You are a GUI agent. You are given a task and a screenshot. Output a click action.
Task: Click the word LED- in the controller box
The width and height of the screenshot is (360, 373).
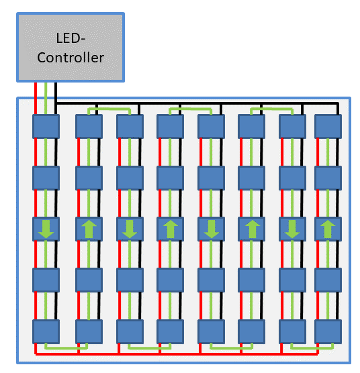pos(71,38)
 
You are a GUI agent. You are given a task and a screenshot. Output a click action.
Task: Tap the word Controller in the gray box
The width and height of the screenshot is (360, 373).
pos(71,58)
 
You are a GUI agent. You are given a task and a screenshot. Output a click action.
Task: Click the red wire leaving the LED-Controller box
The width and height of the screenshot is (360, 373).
pos(36,98)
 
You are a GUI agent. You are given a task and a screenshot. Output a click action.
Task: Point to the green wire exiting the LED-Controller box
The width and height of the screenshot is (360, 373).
pos(46,98)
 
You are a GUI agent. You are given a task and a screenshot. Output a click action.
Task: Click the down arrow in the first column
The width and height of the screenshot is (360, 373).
pos(46,229)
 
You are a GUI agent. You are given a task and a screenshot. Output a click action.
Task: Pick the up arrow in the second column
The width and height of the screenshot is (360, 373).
pos(89,229)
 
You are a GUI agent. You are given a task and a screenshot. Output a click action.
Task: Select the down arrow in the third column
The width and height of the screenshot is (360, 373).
pos(130,229)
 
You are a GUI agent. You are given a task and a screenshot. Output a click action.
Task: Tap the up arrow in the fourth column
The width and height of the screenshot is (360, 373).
pos(170,229)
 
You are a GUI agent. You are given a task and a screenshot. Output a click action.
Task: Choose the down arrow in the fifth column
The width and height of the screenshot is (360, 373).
pos(211,229)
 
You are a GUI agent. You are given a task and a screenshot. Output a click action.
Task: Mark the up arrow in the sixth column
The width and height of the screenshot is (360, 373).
pos(252,229)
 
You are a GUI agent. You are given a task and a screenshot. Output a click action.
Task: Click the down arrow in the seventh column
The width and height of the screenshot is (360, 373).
pos(292,229)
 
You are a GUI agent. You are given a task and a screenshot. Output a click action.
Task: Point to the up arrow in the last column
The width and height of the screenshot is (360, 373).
pos(328,229)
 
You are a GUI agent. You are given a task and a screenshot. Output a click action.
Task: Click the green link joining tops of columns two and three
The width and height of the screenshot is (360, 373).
pos(109,109)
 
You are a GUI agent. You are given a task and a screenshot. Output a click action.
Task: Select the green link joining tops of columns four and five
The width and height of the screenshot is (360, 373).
pos(191,109)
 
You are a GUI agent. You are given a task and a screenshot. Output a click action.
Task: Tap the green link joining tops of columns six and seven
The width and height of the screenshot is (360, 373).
pos(271,109)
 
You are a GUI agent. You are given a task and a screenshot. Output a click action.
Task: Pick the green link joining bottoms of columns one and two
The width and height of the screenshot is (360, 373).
pos(66,348)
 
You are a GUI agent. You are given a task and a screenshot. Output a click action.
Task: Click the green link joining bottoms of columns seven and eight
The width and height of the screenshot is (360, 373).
pos(312,348)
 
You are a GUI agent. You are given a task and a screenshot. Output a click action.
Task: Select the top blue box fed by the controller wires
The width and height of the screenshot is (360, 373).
pos(46,126)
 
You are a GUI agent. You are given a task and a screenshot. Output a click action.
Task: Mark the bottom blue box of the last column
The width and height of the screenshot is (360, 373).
pos(328,331)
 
